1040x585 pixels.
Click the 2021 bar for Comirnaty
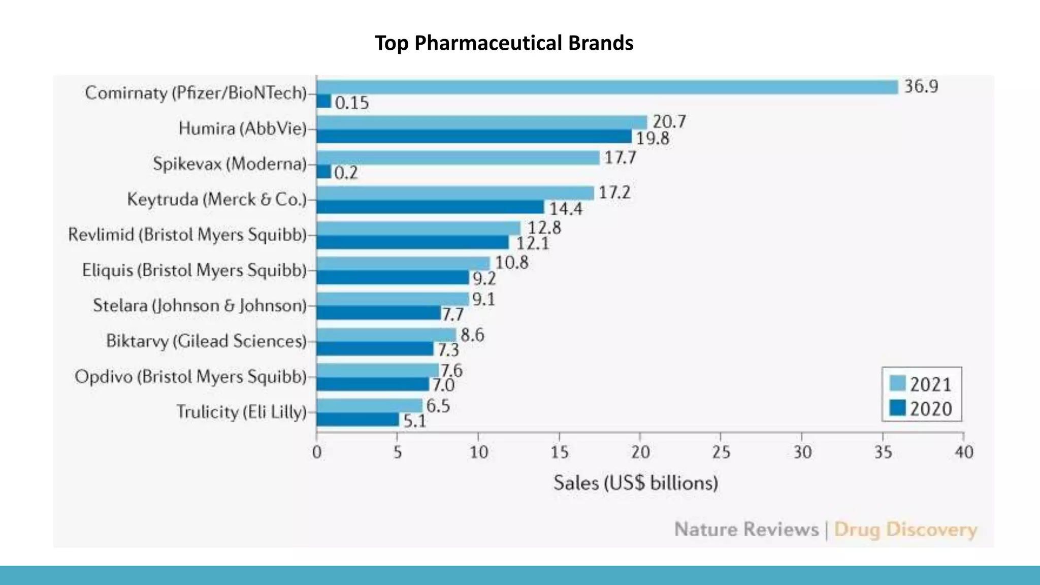pos(607,87)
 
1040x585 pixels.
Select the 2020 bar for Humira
pos(474,137)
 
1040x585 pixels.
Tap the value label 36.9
pos(921,86)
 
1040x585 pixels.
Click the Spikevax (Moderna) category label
pos(230,164)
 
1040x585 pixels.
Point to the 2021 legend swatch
pos(898,383)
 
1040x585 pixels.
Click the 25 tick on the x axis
pos(721,452)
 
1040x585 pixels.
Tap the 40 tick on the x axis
pos(964,452)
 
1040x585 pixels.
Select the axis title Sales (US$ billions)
pos(636,483)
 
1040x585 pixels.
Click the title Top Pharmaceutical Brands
pos(504,43)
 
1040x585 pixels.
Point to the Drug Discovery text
pos(905,530)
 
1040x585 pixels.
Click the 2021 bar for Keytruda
pos(455,193)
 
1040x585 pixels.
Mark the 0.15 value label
pos(352,103)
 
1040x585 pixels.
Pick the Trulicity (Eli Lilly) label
pos(242,412)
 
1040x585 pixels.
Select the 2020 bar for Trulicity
pos(357,419)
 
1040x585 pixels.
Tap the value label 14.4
pos(566,209)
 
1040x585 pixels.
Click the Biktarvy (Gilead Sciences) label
pos(206,341)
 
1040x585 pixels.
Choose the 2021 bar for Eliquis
pos(403,264)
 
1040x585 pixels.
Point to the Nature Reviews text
pos(746,530)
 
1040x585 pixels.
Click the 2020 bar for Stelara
pos(378,313)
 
